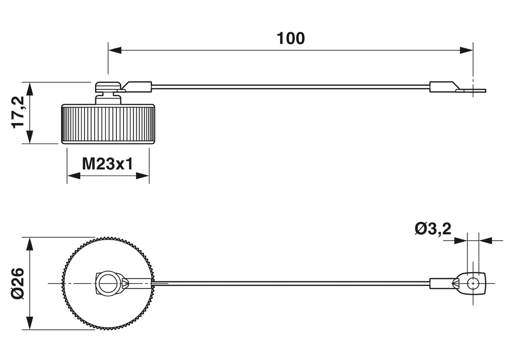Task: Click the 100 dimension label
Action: coord(290,39)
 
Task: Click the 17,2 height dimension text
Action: coord(18,112)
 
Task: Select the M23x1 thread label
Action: coord(108,164)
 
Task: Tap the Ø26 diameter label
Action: coord(18,283)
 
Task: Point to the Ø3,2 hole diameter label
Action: coord(433,229)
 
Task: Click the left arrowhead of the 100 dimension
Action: coord(115,51)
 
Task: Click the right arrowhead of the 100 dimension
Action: coord(466,51)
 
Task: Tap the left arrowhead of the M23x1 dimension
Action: coord(73,176)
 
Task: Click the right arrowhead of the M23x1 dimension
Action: coord(143,176)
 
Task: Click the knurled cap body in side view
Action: coord(108,125)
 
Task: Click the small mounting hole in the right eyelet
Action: coord(473,283)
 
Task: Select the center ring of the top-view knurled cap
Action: coord(109,283)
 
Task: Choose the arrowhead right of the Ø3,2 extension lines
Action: coord(485,241)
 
